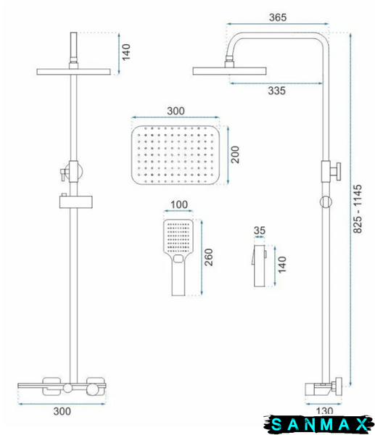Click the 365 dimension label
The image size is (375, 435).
278,17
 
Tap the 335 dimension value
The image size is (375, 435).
277,91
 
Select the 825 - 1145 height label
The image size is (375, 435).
358,209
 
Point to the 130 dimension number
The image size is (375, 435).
324,410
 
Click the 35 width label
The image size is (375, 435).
260,231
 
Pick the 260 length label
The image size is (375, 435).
208,257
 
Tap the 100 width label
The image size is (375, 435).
179,204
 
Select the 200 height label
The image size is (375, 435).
235,154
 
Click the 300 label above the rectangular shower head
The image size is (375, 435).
176,111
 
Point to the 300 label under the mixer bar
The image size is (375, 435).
62,411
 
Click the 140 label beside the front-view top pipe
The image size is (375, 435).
126,52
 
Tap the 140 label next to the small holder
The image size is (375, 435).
281,265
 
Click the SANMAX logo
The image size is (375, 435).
319,424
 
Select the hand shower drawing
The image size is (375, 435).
178,257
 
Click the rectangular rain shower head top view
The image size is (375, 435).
176,155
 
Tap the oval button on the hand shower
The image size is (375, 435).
178,259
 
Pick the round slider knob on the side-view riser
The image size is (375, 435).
326,202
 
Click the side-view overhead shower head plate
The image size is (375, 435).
229,71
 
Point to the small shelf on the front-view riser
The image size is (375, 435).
75,202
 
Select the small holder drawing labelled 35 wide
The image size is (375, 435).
259,265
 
